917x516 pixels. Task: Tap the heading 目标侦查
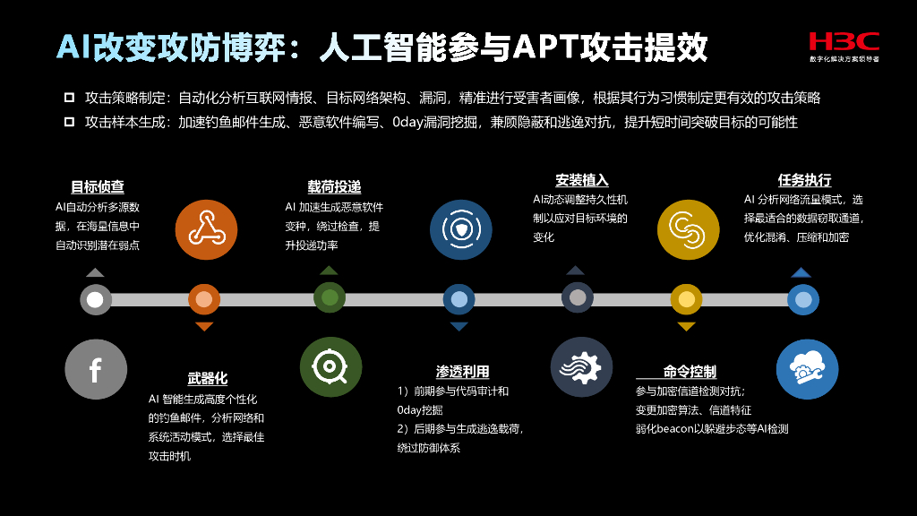[x=98, y=187]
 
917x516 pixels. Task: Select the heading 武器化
[x=208, y=378]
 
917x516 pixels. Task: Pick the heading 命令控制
[x=690, y=372]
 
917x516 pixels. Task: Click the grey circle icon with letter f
[x=96, y=369]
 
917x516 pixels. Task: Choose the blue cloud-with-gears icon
[x=801, y=367]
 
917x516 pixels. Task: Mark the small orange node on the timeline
[x=204, y=299]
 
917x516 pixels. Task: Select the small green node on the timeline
[x=330, y=297]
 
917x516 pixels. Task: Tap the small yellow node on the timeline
[x=687, y=299]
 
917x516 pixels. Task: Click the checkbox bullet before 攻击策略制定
[x=69, y=98]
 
